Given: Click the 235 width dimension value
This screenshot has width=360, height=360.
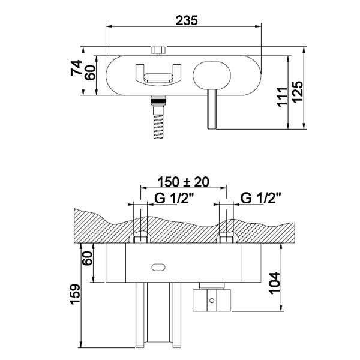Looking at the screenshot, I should [x=187, y=20].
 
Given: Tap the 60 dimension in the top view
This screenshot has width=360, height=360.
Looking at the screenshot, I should [x=91, y=72].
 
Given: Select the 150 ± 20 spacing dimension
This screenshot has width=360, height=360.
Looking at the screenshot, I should [x=183, y=181].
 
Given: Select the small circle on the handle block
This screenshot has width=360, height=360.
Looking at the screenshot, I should [x=212, y=298].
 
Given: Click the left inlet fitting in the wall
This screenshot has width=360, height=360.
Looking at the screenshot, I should [x=140, y=239].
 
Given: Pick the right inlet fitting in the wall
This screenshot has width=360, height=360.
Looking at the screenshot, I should [x=226, y=239].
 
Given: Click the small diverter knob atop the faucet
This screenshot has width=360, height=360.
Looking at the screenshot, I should [x=159, y=49].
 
